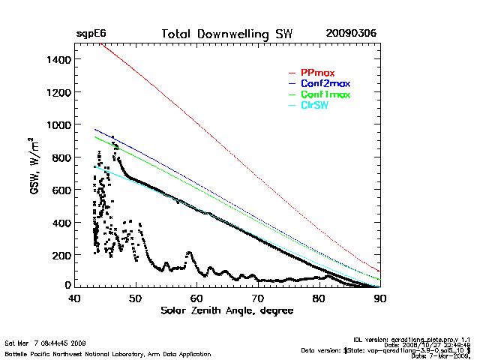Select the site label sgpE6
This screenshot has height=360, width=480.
point(90,34)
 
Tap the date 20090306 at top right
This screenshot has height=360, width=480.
point(351,34)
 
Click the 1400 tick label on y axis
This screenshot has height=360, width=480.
point(58,59)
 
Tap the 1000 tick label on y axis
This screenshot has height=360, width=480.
point(58,124)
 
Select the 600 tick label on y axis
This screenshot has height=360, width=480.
point(60,190)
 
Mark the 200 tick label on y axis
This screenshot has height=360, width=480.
point(60,256)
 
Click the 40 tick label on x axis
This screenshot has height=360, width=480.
point(74,299)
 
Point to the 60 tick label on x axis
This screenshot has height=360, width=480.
point(196,299)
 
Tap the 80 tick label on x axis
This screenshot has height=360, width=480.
point(319,299)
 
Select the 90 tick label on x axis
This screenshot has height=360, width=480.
point(380,299)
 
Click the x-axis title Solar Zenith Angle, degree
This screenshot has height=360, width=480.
point(227,310)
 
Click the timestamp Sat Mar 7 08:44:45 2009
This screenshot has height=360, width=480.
point(45,343)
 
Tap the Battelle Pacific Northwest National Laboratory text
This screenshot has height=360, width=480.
point(107,353)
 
